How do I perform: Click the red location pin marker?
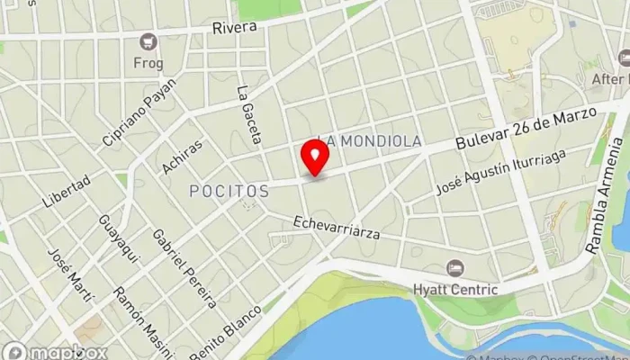(315, 157)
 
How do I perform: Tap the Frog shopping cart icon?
(148, 40)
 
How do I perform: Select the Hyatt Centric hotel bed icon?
(455, 268)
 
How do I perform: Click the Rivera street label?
(235, 27)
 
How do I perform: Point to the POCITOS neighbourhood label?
(229, 191)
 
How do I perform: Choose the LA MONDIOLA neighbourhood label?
(371, 141)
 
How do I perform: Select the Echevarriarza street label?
(337, 227)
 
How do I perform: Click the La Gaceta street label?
(247, 115)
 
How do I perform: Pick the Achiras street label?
(182, 156)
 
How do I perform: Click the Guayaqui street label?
(120, 239)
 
